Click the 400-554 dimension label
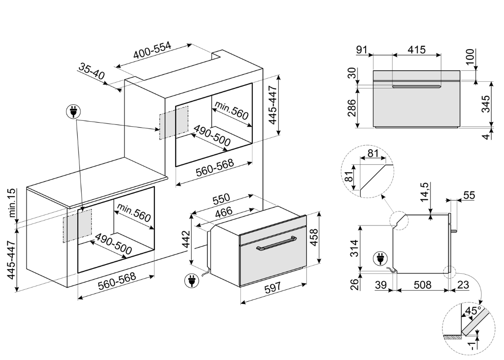coord(152,51)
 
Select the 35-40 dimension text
coord(91,72)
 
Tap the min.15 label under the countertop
coord(11,202)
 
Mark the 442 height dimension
coord(186,240)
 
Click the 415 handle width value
coord(416,49)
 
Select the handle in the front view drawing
coord(416,86)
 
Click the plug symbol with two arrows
coord(74,112)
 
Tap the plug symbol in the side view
coord(379,259)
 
